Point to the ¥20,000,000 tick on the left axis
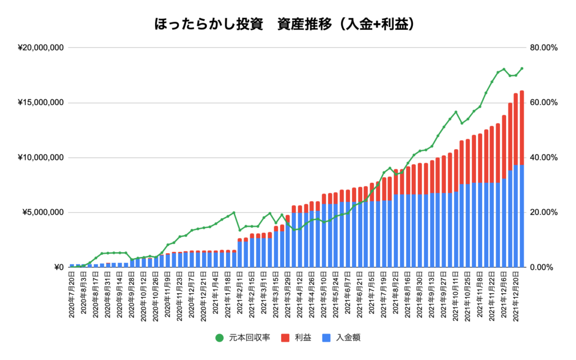pyautogui.click(x=40, y=48)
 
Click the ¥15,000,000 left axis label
pyautogui.click(x=40, y=103)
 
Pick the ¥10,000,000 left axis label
pyautogui.click(x=40, y=157)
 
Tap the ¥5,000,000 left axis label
pyautogui.click(x=43, y=213)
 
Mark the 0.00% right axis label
pyautogui.click(x=541, y=267)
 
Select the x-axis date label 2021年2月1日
pyautogui.click(x=240, y=293)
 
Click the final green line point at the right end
pyautogui.click(x=521, y=69)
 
